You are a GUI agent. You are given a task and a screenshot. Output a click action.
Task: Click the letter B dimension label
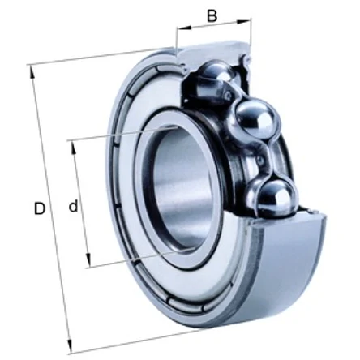tap(212, 15)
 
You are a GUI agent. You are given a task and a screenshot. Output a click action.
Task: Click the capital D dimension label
tap(40, 208)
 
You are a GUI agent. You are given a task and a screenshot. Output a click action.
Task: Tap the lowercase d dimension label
tap(73, 206)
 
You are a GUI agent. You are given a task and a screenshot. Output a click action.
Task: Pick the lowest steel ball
tap(277, 197)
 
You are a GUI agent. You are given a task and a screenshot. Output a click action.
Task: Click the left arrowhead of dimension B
tap(184, 28)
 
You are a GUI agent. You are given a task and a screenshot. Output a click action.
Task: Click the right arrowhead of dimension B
tap(244, 21)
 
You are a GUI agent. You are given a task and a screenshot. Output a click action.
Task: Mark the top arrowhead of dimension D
tap(32, 72)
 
